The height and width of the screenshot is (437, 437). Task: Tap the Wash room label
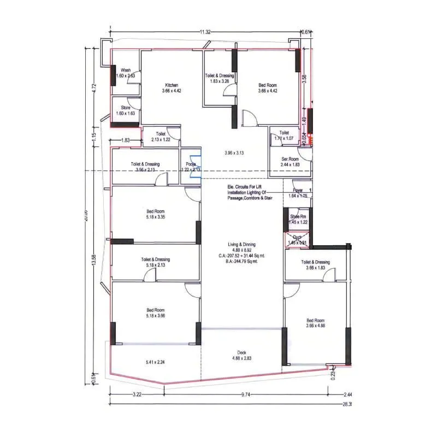point(126,70)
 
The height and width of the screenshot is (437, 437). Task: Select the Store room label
point(126,108)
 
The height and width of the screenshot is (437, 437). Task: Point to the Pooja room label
point(191,164)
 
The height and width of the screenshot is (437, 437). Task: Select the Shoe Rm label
point(298,217)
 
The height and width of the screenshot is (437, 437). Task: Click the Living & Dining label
point(242,245)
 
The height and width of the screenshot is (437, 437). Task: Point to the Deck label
point(242,352)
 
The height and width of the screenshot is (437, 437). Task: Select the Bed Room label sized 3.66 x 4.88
point(315,321)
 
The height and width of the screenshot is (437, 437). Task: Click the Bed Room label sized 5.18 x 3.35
point(155,211)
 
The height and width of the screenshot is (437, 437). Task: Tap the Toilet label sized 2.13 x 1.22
point(161,134)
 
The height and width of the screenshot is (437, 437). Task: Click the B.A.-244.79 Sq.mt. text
point(242,261)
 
